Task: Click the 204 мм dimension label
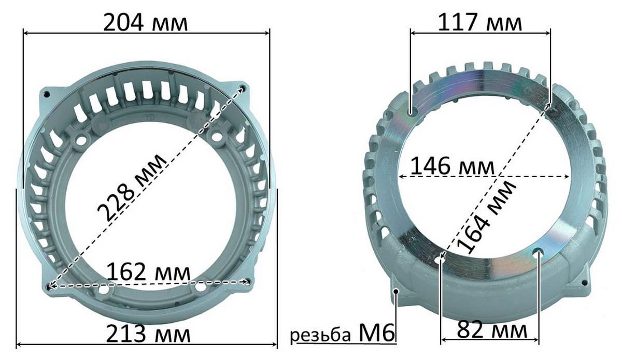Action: [146, 23]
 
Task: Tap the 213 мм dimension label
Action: [148, 334]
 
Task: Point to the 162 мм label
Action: [148, 272]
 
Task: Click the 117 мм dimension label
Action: [480, 22]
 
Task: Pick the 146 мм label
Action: [453, 166]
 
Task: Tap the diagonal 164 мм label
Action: [487, 217]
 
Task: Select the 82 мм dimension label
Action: [492, 329]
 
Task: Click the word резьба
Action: [321, 335]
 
